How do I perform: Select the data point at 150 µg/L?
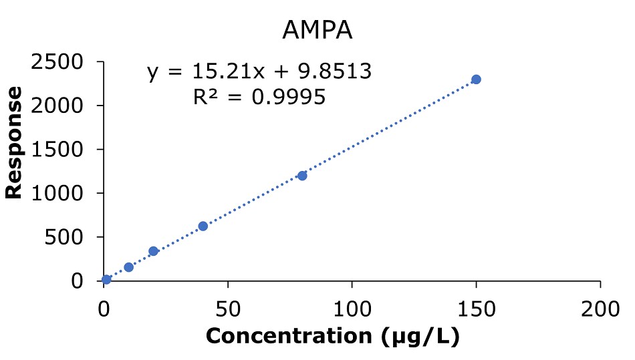(x=476, y=79)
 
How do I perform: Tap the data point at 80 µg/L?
(x=302, y=176)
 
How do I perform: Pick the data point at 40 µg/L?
(x=203, y=226)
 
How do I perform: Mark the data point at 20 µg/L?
(x=153, y=251)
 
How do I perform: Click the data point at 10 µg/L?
(x=129, y=267)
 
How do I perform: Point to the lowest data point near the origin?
(x=106, y=279)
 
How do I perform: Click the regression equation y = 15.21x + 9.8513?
(x=259, y=71)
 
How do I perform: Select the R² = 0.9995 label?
(x=259, y=98)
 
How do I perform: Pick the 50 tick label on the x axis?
(x=228, y=309)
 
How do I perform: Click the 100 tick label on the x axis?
(x=352, y=309)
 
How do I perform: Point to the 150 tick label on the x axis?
(x=476, y=309)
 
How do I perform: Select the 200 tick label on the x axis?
(x=600, y=309)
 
